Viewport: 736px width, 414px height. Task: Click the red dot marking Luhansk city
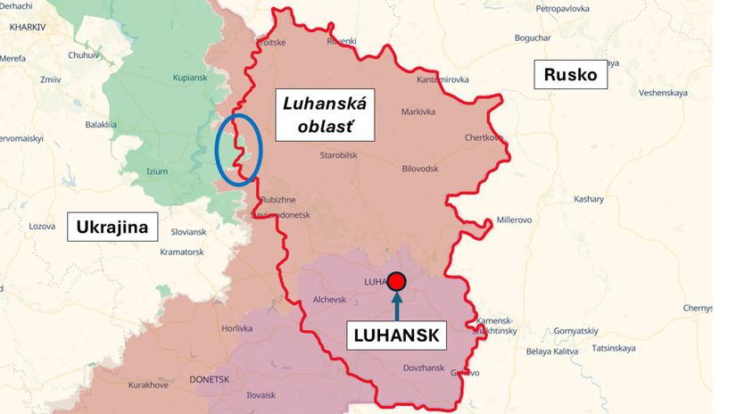(x=397, y=282)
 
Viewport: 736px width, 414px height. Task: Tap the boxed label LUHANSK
(x=396, y=335)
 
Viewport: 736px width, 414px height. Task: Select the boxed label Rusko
(x=571, y=75)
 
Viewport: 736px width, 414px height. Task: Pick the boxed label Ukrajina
(x=113, y=228)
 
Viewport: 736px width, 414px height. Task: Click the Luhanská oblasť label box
(x=325, y=115)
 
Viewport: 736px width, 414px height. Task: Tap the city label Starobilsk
(x=339, y=156)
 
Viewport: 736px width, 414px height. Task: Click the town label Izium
(x=156, y=171)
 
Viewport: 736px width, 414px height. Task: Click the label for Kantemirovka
(x=443, y=80)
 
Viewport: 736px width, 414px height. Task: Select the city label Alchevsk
(x=329, y=300)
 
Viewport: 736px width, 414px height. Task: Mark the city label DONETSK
(x=210, y=379)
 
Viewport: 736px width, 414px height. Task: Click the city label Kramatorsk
(x=182, y=253)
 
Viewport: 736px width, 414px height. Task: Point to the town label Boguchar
(x=533, y=37)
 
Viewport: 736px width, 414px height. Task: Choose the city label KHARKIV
(x=27, y=28)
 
